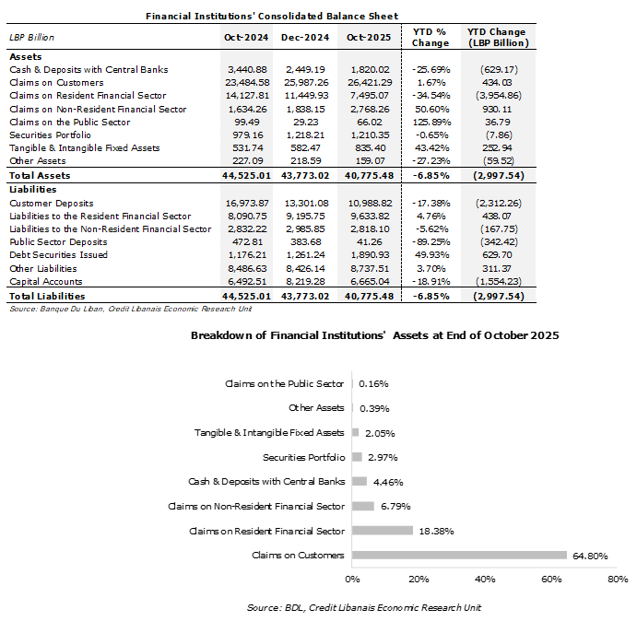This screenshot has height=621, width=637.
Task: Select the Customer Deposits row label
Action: [45, 203]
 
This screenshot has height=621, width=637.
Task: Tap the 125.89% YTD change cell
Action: [429, 122]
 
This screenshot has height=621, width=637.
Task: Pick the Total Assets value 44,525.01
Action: [243, 174]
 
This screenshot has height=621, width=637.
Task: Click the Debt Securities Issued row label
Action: [57, 254]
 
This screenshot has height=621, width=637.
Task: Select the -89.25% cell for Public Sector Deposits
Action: [429, 241]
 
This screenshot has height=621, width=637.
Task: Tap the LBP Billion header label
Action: [32, 38]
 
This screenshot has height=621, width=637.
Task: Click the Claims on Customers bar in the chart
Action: [459, 555]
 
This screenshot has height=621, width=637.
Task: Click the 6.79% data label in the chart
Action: [394, 506]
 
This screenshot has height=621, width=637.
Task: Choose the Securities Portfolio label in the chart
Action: [303, 457]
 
